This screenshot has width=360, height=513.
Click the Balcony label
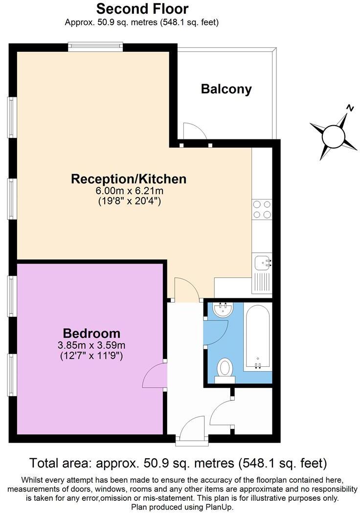pos(226,89)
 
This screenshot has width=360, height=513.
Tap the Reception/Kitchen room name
pos(129,179)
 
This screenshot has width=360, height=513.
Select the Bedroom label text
pos(92,334)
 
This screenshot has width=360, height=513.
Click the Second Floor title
pos(142,8)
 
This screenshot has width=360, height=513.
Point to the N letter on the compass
pos(350,108)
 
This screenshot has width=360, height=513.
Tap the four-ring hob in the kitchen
pos(262,209)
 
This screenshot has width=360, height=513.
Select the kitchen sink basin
pos(262,263)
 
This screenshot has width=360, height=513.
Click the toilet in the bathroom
pos(225,368)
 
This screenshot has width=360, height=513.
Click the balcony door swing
pos(194,131)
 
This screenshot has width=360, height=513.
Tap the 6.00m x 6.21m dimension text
pos(129,191)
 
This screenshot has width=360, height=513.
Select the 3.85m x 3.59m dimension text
pos(92,345)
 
